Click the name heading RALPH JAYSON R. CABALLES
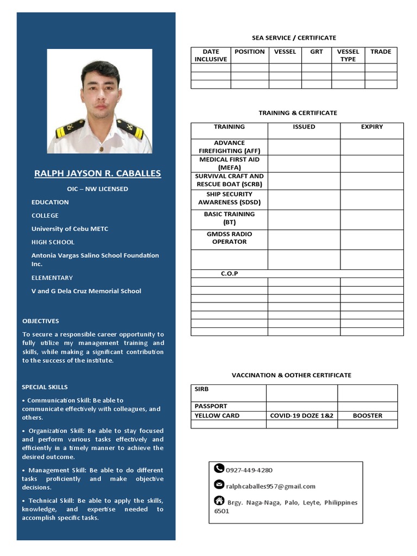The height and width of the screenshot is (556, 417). (x=98, y=173)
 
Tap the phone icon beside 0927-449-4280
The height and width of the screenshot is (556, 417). (x=219, y=468)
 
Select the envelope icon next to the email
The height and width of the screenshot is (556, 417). (x=219, y=484)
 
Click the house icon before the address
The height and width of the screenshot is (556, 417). (x=219, y=500)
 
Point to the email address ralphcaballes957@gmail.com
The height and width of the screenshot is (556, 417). (x=270, y=486)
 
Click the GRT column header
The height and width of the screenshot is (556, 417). (x=317, y=52)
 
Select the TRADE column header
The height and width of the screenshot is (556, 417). (x=381, y=52)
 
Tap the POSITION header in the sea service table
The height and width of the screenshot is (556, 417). (x=250, y=52)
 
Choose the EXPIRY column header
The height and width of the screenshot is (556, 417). (x=372, y=127)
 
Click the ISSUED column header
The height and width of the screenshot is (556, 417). (x=304, y=127)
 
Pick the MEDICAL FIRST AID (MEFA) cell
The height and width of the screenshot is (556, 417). (x=229, y=164)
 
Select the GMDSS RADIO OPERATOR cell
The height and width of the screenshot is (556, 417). (x=229, y=238)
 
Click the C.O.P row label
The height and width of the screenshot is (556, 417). (x=229, y=274)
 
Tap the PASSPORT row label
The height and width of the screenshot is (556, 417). (x=211, y=406)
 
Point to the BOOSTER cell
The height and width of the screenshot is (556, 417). (x=368, y=415)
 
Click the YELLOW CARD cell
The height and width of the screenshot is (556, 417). (x=217, y=415)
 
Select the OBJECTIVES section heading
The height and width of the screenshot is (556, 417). (x=41, y=321)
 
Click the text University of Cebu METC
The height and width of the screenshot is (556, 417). (x=69, y=229)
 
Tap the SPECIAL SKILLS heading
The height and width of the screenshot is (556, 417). (x=45, y=387)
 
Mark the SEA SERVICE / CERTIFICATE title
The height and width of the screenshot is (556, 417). (x=294, y=38)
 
